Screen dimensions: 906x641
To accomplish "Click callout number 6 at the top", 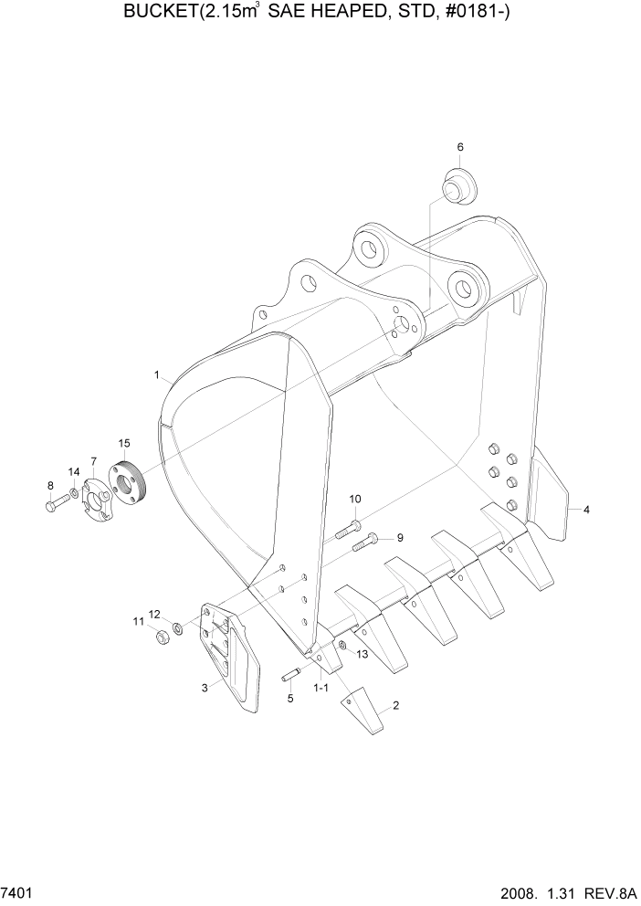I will (x=460, y=147).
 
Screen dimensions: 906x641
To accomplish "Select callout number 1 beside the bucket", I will (x=157, y=374).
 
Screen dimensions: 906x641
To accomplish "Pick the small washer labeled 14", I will (x=74, y=496).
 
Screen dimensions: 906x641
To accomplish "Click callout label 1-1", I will (x=320, y=686).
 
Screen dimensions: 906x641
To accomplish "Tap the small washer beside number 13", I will (x=341, y=646).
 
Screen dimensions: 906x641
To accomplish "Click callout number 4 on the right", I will (x=586, y=510).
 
